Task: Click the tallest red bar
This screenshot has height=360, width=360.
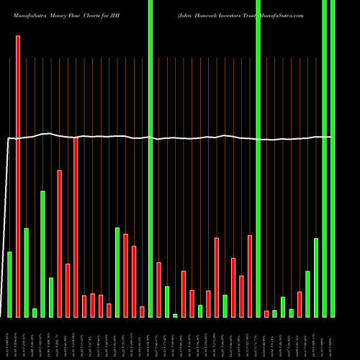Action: pyautogui.click(x=18, y=176)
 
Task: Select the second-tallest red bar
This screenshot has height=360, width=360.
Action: pyautogui.click(x=76, y=227)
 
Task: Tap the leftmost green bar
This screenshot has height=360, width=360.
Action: pyautogui.click(x=10, y=284)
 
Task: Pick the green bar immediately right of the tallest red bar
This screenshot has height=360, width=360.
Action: pyautogui.click(x=27, y=272)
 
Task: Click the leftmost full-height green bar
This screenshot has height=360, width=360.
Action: pyautogui.click(x=150, y=158)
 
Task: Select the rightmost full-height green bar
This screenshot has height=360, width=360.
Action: pyautogui.click(x=333, y=158)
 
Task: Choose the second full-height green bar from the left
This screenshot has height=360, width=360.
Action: pyautogui.click(x=258, y=158)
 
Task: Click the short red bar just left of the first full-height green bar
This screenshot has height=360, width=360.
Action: pyautogui.click(x=142, y=312)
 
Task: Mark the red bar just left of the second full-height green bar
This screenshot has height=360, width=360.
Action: pyautogui.click(x=250, y=276)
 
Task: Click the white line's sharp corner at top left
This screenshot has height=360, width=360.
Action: pyautogui.click(x=8, y=138)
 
